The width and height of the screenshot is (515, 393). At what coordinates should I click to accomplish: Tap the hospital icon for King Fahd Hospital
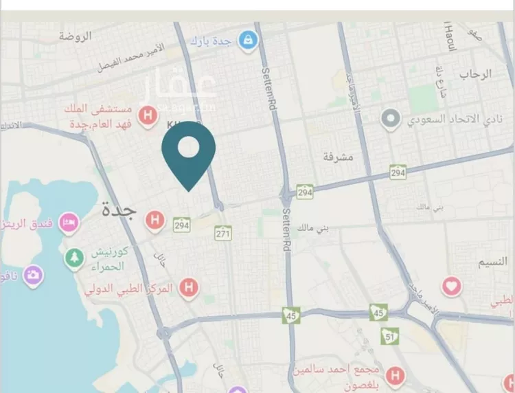pyautogui.click(x=146, y=115)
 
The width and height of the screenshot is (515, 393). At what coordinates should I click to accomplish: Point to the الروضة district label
pyautogui.click(x=75, y=36)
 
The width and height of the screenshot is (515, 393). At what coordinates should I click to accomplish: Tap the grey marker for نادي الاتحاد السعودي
pyautogui.click(x=391, y=120)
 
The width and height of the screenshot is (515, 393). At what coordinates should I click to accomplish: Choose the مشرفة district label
pyautogui.click(x=338, y=157)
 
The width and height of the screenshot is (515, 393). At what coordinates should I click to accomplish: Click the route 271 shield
pyautogui.click(x=223, y=234)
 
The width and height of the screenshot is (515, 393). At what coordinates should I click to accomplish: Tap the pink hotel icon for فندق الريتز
pyautogui.click(x=69, y=222)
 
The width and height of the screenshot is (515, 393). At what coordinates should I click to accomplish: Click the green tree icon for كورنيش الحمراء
pyautogui.click(x=73, y=258)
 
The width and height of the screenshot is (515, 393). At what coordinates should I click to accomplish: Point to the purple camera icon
pyautogui.click(x=32, y=276)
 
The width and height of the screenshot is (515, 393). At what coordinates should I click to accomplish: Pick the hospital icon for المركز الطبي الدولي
pyautogui.click(x=188, y=287)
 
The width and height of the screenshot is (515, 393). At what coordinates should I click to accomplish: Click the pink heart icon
pyautogui.click(x=451, y=285)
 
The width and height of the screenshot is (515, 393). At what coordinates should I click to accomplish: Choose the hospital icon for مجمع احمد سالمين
pyautogui.click(x=394, y=375)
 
